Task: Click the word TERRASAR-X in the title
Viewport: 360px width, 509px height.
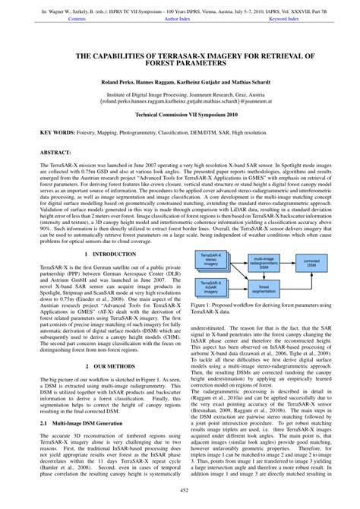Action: (160, 56)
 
